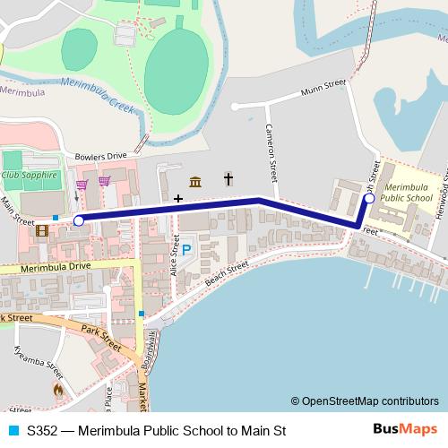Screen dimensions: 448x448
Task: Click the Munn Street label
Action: pyautogui.click(x=323, y=85)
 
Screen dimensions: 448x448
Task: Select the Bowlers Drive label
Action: pyautogui.click(x=101, y=155)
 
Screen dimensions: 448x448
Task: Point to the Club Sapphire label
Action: pyautogui.click(x=30, y=176)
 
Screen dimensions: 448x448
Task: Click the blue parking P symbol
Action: pyautogui.click(x=187, y=251)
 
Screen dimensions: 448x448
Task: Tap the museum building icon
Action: pyautogui.click(x=195, y=181)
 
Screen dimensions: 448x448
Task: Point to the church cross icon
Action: pyautogui.click(x=228, y=179)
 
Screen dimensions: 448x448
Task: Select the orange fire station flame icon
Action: pyautogui.click(x=59, y=391)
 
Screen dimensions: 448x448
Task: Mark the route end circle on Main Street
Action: pyautogui.click(x=79, y=220)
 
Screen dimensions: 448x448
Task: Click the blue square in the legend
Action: pyautogui.click(x=13, y=430)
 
